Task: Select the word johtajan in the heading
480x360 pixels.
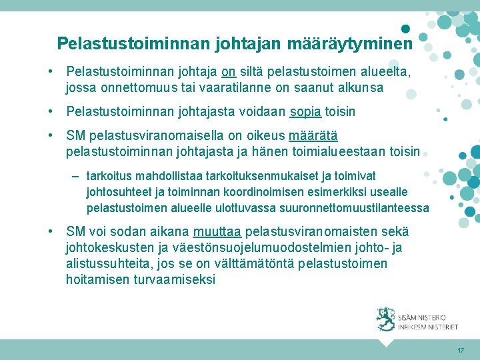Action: pos(247,44)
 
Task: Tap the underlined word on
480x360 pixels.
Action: pos(229,71)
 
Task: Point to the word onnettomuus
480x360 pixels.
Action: pos(139,87)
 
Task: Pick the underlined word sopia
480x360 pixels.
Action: pos(305,111)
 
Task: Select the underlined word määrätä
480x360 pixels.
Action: pos(313,136)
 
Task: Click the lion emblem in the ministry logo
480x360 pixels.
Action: pos(385,319)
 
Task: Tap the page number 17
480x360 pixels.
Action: pos(461,351)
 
